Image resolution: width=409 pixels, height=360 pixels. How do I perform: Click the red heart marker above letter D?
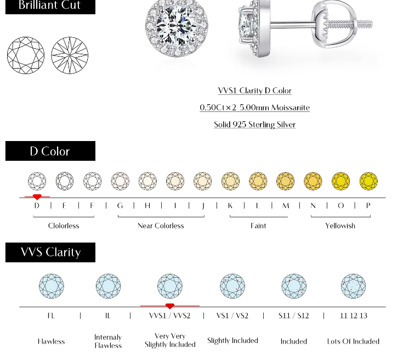pos(37,197)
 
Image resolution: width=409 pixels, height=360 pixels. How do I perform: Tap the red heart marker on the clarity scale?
pos(170,306)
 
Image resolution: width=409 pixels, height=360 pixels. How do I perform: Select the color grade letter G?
pos(120,206)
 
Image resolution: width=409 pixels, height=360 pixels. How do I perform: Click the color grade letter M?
pos(286,206)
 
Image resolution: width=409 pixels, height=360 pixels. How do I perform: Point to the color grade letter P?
pos(368,206)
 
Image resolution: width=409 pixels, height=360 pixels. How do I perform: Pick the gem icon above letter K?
pos(230,181)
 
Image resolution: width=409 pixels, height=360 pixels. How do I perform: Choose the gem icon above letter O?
pos(340,181)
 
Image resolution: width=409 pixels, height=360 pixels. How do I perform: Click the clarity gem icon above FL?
pos(52,286)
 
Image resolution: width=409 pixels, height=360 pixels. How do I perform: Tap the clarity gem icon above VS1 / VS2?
pos(232,286)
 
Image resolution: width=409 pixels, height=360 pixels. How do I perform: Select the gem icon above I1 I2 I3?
pos(354,286)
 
